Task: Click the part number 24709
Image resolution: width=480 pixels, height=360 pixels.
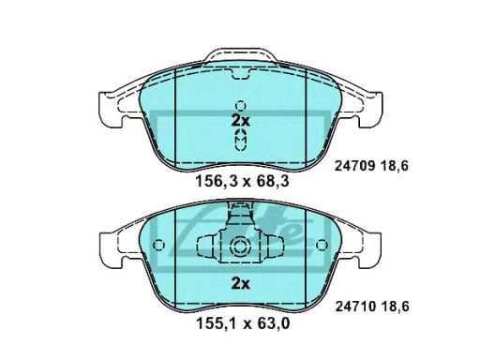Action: coord(354,166)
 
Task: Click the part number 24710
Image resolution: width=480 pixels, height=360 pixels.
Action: coord(355,307)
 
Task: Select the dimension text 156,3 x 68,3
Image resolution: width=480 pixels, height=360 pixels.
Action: coord(242,181)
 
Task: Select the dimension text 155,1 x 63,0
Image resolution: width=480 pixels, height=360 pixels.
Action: coord(243,323)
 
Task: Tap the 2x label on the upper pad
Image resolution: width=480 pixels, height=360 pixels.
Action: coord(240,121)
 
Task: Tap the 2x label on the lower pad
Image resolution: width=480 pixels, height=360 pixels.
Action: coord(240,284)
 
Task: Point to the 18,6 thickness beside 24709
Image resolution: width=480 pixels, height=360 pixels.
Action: coord(395,166)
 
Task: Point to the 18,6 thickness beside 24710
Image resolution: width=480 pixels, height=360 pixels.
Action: coord(395,307)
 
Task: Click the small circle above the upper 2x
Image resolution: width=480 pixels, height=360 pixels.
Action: coord(241,106)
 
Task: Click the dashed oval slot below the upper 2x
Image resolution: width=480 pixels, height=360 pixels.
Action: coord(241,140)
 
